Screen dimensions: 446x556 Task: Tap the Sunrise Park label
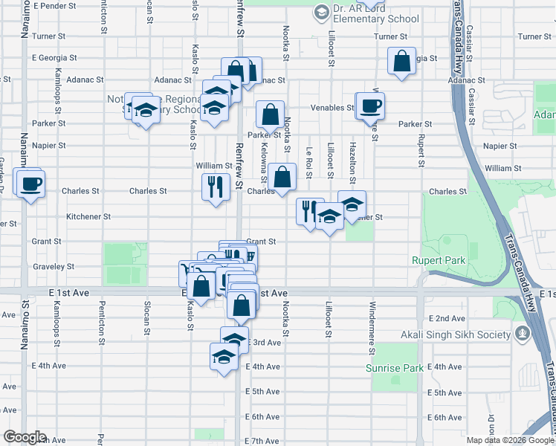click(x=394, y=368)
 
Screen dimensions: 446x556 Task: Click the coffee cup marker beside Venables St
click(x=369, y=106)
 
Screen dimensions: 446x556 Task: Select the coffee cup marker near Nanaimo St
click(x=30, y=184)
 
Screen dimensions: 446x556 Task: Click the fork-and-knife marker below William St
click(x=216, y=187)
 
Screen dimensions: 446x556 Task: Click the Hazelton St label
click(x=352, y=163)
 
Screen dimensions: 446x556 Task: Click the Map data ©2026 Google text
click(x=510, y=439)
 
